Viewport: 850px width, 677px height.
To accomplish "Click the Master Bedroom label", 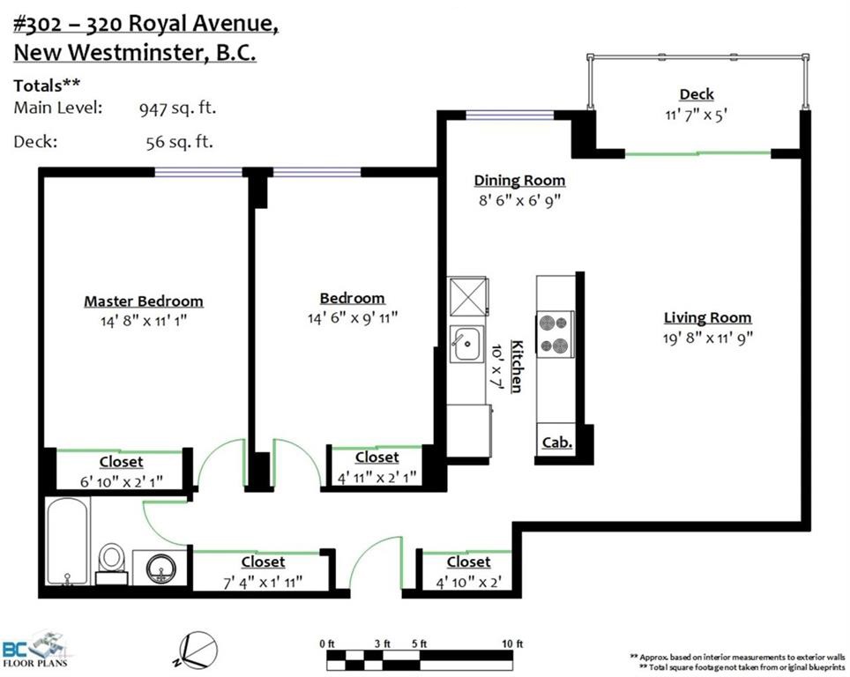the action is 144,301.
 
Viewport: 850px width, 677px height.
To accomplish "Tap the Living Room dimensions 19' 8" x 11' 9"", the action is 707,338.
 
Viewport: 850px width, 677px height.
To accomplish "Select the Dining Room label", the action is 519,181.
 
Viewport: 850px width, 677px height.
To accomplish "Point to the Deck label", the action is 697,94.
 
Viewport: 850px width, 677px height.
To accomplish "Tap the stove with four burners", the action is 555,334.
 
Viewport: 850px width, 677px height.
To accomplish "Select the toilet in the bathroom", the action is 112,563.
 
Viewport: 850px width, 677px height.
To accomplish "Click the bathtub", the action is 67,541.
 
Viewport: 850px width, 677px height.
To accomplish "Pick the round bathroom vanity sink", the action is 161,568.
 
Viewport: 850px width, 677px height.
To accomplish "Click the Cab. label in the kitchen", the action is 557,443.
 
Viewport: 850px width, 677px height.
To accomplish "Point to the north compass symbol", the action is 198,651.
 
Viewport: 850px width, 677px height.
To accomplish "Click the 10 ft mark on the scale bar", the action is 511,644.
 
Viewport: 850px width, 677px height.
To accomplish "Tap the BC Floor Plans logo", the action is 35,649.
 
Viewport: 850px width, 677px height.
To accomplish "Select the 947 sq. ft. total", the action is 178,108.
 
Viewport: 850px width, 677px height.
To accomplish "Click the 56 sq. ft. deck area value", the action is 179,142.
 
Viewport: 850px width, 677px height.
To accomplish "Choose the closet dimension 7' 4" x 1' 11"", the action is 263,583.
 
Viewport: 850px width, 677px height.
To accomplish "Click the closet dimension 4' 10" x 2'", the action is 469,583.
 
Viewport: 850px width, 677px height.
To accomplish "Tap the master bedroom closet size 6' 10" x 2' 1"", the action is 122,481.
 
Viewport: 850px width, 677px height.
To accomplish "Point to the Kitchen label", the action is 518,367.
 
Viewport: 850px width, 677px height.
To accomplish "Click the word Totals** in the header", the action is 47,86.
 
